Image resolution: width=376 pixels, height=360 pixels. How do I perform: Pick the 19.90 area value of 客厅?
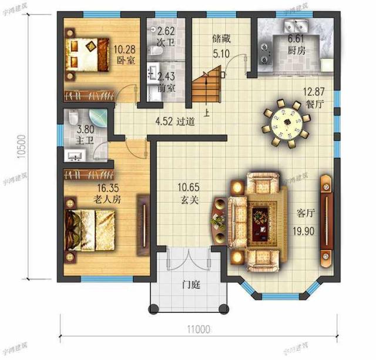point(303,228)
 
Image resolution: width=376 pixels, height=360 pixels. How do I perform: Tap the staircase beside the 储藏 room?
point(206,86)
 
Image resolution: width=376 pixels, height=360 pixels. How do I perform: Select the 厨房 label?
point(297,51)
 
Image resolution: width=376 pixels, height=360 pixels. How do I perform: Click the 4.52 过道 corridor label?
point(174,122)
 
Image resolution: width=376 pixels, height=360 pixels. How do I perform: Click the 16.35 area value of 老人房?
point(109,188)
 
